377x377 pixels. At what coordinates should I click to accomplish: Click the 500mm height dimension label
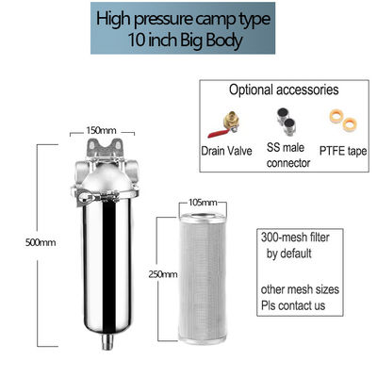(41, 242)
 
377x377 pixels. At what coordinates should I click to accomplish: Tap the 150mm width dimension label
(101, 130)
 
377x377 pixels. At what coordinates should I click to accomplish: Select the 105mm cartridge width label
(203, 203)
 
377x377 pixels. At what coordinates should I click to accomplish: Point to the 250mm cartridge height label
(163, 274)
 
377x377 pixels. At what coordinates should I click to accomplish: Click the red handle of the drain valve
(218, 134)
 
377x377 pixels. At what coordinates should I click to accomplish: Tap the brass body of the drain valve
(231, 122)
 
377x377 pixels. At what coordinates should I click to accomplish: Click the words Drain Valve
(226, 151)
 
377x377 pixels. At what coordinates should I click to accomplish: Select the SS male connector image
(286, 121)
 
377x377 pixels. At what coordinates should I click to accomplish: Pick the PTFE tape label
(343, 151)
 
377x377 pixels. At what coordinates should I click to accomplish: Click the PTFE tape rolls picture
(342, 120)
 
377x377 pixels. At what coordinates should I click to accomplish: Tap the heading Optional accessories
(284, 90)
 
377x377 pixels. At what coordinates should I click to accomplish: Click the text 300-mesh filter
(295, 238)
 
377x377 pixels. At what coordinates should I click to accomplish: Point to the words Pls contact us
(293, 305)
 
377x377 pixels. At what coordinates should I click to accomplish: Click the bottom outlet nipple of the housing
(107, 341)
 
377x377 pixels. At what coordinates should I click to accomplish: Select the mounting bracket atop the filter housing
(105, 148)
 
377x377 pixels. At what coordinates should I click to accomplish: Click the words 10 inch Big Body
(186, 41)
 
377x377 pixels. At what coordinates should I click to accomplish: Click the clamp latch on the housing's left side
(85, 197)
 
